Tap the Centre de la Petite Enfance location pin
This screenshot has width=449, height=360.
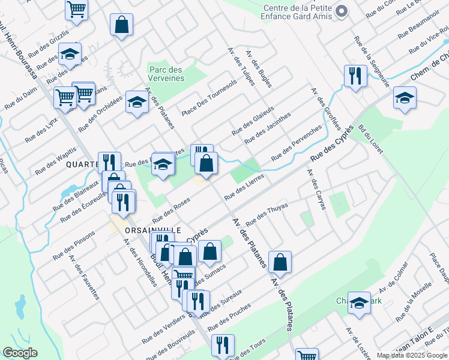[341, 11]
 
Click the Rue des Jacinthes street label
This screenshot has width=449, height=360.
[268, 128]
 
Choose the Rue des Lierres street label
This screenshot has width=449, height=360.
[244, 188]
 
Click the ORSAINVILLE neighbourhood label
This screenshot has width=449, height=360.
[145, 230]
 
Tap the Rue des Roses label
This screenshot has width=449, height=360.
[171, 212]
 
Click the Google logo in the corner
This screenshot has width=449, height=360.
[20, 353]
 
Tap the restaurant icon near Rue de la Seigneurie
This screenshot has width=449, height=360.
[355, 76]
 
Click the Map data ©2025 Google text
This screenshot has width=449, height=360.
[412, 355]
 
